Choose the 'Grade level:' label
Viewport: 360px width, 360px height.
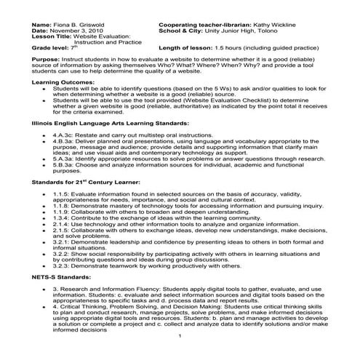click(x=50, y=48)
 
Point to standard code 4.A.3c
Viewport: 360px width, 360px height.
click(x=63, y=136)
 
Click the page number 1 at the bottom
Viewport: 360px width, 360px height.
click(x=179, y=338)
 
